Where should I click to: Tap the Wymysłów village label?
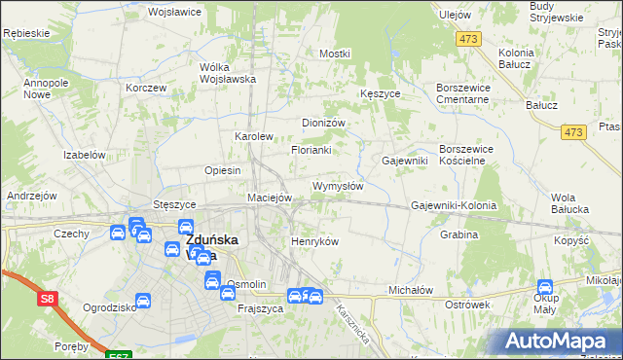(x=337, y=185)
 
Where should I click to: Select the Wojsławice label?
(x=173, y=13)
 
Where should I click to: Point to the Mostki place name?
(x=334, y=54)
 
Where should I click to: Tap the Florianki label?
(x=311, y=151)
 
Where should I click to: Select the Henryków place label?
(x=314, y=241)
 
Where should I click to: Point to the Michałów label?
(x=410, y=290)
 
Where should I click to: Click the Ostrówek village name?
(x=466, y=305)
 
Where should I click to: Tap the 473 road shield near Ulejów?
(x=470, y=38)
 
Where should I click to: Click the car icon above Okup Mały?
(x=545, y=288)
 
